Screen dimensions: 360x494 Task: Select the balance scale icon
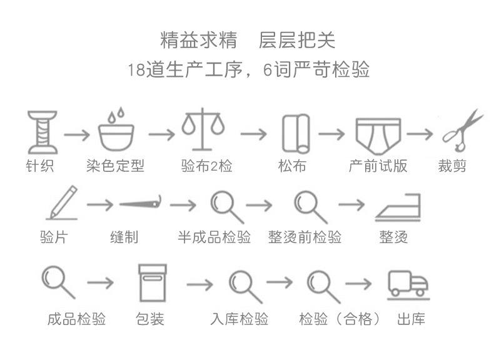(204, 130)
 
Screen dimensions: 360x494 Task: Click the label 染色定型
(115, 166)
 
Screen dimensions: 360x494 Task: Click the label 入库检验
(239, 319)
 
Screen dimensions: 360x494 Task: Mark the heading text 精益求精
(198, 40)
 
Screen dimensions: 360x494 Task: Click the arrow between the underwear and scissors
(420, 134)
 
